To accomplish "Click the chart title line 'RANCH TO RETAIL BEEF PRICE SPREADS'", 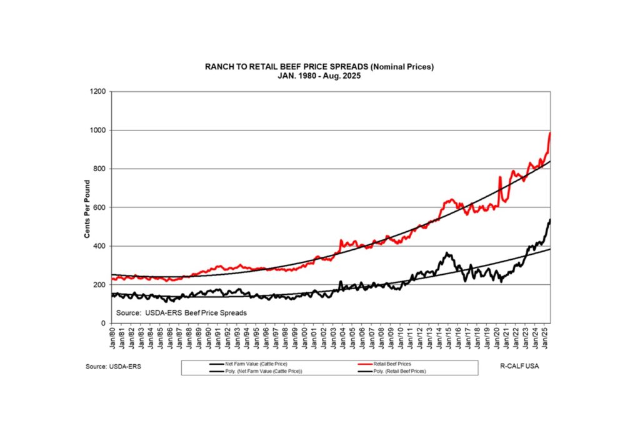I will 319,66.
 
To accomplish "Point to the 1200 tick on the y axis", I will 99,92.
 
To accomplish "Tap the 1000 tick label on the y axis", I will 99,131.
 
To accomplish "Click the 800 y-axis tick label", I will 101,169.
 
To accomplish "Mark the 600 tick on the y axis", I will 101,207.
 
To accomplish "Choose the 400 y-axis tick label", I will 101,246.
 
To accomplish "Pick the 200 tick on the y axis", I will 101,285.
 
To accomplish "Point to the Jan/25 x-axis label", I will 546,339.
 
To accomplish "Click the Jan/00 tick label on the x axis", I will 305,339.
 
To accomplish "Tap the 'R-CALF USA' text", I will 521,366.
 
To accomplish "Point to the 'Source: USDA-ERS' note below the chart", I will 113,367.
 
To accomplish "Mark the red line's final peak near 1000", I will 549,133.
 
